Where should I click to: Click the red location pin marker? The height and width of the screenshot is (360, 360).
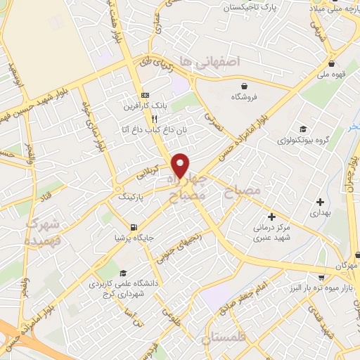(181, 165)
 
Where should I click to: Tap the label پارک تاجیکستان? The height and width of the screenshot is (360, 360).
(252, 7)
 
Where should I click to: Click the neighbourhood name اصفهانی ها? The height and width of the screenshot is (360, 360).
(210, 62)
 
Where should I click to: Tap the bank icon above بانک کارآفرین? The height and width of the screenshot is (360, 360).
(145, 95)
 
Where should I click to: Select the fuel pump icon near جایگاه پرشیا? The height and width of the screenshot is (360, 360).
(133, 227)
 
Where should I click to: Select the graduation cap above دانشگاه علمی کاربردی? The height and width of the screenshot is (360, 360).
(123, 274)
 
